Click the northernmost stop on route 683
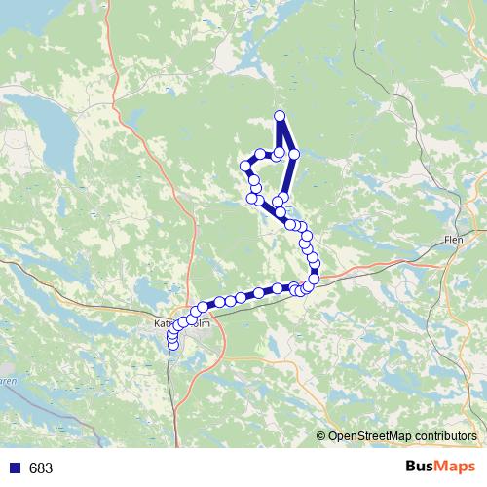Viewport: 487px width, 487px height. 280,116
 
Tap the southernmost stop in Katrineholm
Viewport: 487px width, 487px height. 173,343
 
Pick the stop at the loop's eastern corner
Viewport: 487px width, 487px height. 293,154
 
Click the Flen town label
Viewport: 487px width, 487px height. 453,239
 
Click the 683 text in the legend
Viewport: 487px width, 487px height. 41,468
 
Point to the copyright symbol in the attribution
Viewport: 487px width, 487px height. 321,437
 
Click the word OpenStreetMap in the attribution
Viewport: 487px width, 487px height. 367,437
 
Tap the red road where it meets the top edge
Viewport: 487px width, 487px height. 111,3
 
